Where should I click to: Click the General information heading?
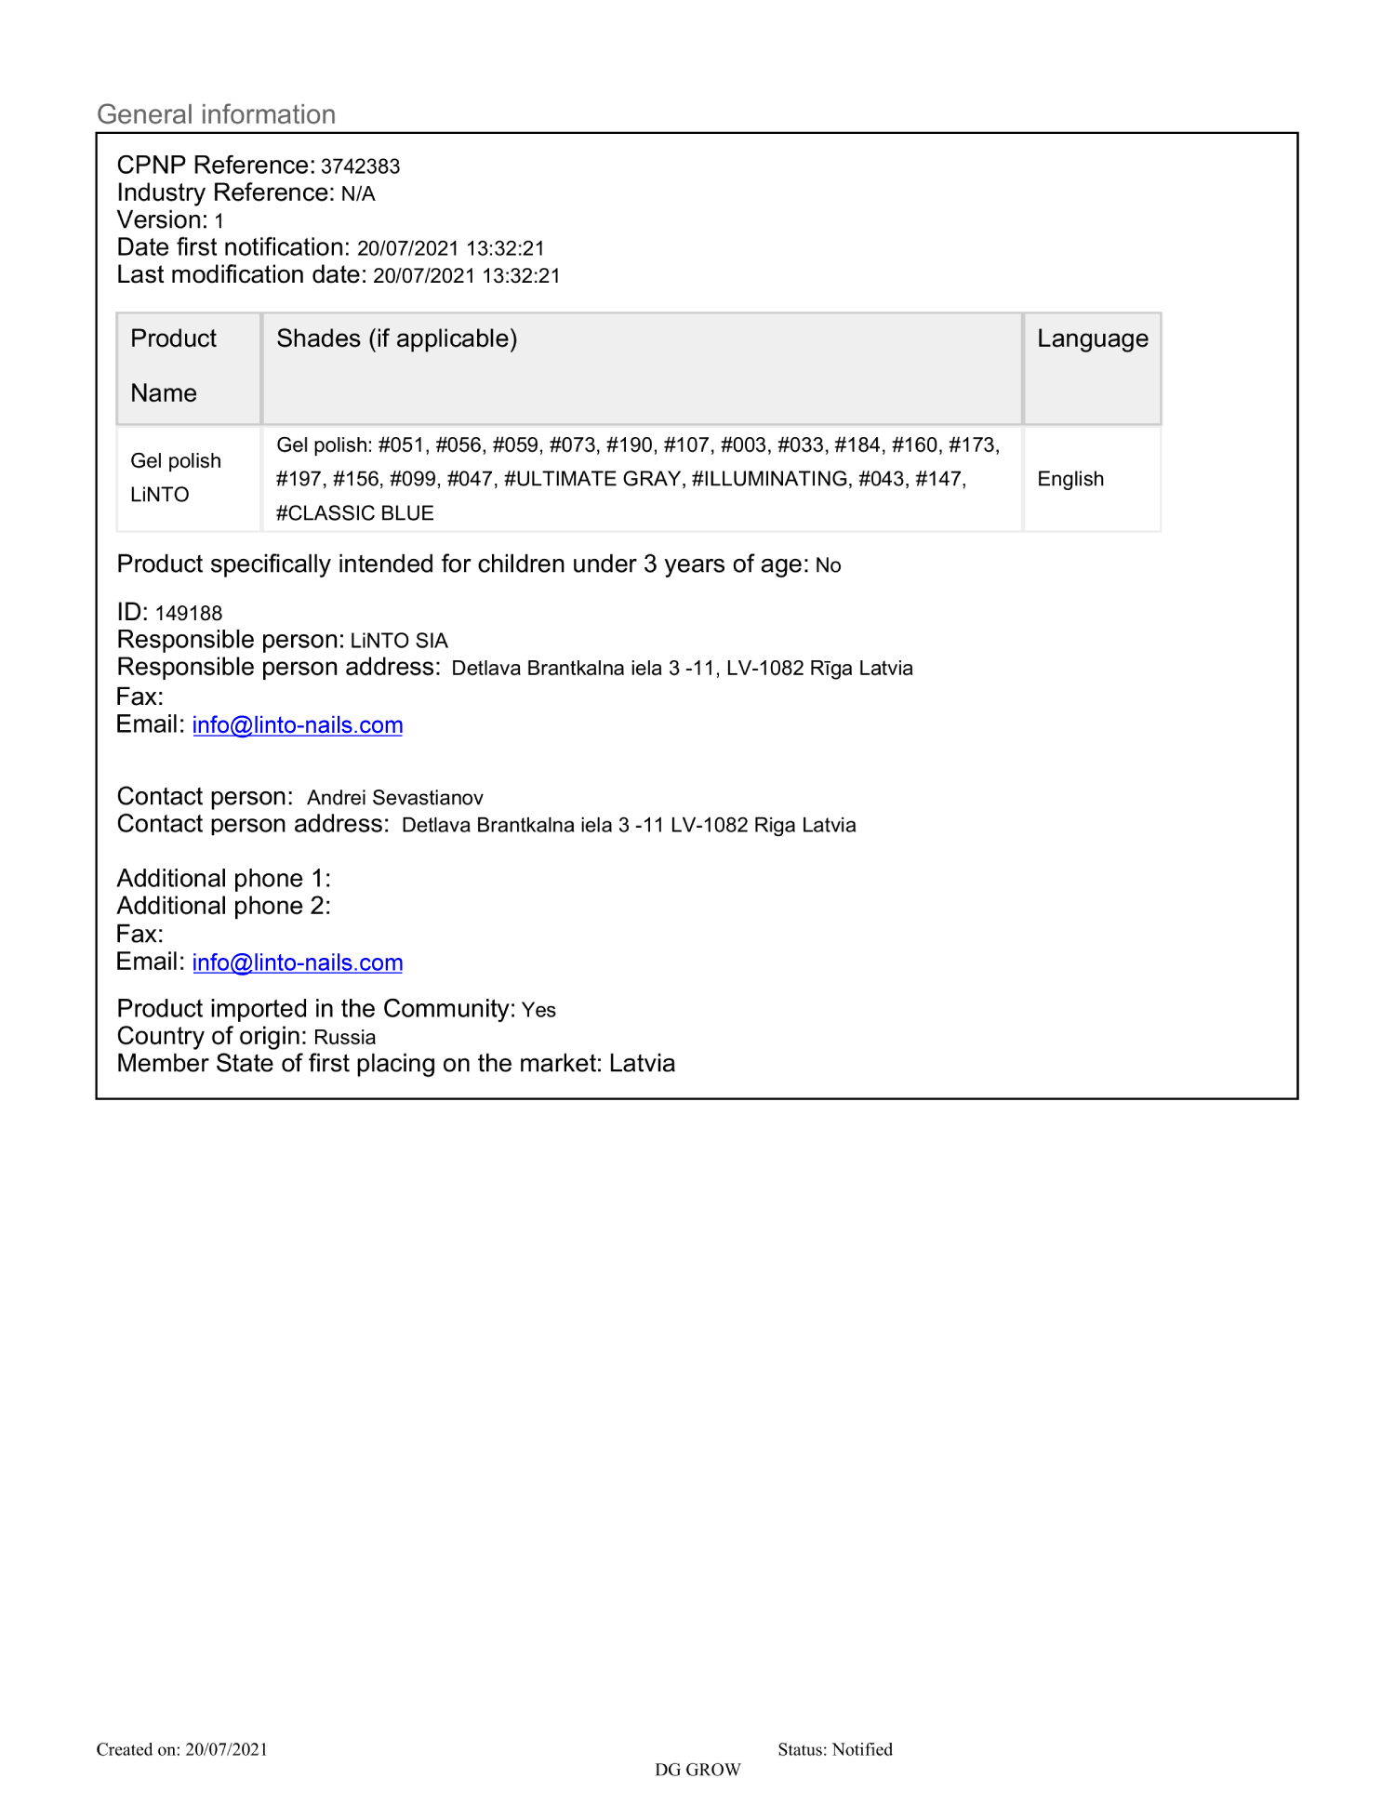[216, 114]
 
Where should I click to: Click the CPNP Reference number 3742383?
[360, 166]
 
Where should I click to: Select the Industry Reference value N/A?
[358, 194]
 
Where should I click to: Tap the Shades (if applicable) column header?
[396, 338]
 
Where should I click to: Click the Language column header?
[1092, 338]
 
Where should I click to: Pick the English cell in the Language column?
[1070, 479]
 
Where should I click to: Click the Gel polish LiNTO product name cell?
[175, 478]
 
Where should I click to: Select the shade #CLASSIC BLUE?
[355, 513]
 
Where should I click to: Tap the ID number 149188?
[189, 614]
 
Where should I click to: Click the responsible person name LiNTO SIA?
[399, 641]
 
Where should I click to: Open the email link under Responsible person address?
[298, 725]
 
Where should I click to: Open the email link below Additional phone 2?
[298, 962]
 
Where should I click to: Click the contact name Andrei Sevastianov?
[395, 798]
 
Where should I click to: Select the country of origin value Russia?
[345, 1038]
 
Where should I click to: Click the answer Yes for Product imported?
[538, 1010]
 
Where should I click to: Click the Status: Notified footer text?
[834, 1749]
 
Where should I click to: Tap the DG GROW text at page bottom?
[697, 1770]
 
